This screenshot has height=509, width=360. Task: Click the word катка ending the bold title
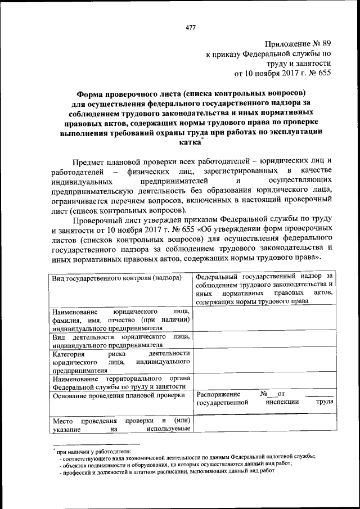click(190, 143)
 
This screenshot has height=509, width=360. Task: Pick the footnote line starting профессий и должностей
click(169, 471)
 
